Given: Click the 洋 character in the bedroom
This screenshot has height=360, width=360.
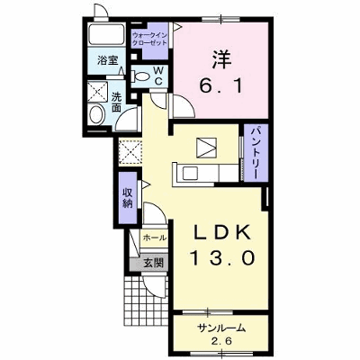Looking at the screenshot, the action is (x=222, y=60).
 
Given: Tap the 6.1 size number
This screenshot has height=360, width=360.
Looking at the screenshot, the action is (x=220, y=87).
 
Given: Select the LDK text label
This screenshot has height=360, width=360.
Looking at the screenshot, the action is (x=221, y=232).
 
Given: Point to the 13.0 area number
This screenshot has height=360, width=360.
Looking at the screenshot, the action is (x=222, y=258).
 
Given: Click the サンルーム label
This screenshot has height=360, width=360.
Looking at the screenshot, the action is (x=221, y=328).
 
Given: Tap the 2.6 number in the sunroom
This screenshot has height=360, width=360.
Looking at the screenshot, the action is (x=221, y=341).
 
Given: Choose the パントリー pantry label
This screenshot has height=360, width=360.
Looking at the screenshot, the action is (x=256, y=153).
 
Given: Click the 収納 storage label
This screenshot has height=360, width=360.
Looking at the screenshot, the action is (x=128, y=198).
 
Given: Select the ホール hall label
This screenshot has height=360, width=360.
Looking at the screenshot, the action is (x=155, y=238).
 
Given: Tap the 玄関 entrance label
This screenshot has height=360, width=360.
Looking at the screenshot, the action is (x=154, y=263).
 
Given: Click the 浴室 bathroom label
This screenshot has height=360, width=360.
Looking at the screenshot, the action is (x=107, y=61).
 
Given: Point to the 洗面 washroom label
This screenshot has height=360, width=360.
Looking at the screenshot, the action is (x=116, y=102).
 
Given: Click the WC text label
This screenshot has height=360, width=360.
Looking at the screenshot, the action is (x=158, y=76).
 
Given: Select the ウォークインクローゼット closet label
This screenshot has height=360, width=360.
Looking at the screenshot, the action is (x=150, y=39).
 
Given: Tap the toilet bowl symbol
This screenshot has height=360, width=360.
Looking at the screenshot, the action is (x=140, y=76).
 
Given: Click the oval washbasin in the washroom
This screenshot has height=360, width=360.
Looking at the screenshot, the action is (x=97, y=114).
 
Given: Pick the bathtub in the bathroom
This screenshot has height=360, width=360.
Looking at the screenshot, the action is (x=107, y=34).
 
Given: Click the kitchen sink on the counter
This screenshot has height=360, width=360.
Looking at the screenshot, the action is (x=190, y=174).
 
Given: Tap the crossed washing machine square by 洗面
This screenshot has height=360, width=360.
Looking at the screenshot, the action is (x=97, y=91).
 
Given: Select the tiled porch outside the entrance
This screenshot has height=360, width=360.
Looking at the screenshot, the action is (x=146, y=301).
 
